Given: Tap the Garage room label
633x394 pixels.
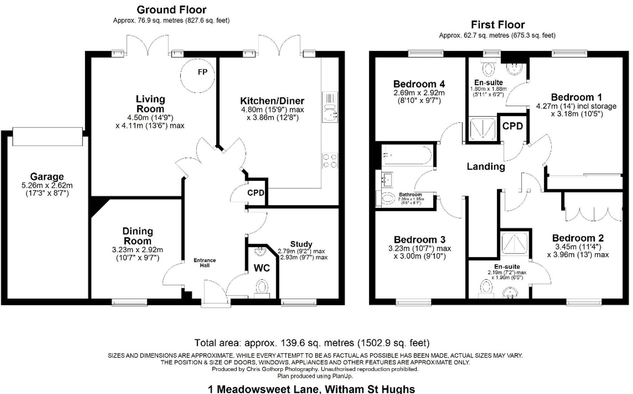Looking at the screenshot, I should pyautogui.click(x=47, y=176).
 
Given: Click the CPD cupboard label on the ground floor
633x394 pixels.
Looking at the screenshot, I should pyautogui.click(x=255, y=193).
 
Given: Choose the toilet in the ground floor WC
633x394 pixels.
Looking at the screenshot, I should pyautogui.click(x=262, y=287).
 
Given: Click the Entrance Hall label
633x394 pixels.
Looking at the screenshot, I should pyautogui.click(x=205, y=263).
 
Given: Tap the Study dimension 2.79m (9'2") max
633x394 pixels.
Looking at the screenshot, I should pyautogui.click(x=301, y=251).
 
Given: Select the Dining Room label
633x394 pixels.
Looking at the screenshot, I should pyautogui.click(x=137, y=236).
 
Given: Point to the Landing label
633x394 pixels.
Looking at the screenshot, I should pyautogui.click(x=485, y=166).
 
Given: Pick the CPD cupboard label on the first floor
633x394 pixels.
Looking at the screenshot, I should pyautogui.click(x=512, y=126).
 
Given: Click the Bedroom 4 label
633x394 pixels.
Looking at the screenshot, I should pyautogui.click(x=419, y=84).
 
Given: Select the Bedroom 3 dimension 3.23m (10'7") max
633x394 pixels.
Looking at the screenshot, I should pyautogui.click(x=419, y=248).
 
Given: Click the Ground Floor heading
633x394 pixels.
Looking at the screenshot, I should pyautogui.click(x=171, y=10).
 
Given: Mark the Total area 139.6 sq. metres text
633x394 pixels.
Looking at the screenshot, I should pyautogui.click(x=311, y=343).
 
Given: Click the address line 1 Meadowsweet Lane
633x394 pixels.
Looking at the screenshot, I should pyautogui.click(x=311, y=389).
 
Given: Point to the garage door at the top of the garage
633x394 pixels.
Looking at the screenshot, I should pyautogui.click(x=47, y=136).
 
